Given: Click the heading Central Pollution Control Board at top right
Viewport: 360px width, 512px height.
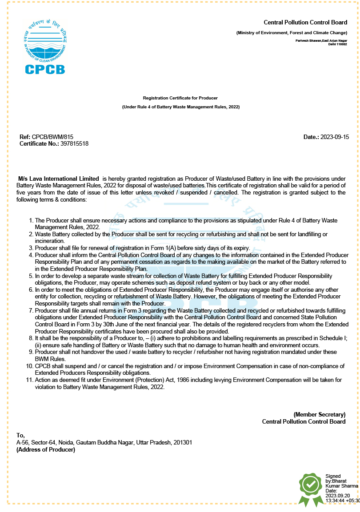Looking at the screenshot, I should pyautogui.click(x=305, y=23).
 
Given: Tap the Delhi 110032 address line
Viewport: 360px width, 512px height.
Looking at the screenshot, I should pyautogui.click(x=337, y=44).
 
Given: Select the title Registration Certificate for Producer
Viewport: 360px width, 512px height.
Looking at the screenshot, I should pyautogui.click(x=180, y=98).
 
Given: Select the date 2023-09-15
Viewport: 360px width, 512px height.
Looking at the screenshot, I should pyautogui.click(x=335, y=137).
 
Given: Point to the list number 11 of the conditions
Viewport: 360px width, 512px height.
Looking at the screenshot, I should pyautogui.click(x=30, y=380).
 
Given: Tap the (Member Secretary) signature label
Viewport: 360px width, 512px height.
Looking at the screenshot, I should pyautogui.click(x=319, y=414).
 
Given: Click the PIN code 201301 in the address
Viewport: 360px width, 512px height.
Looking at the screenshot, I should pyautogui.click(x=183, y=443).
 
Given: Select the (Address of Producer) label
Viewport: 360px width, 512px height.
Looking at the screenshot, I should pyautogui.click(x=46, y=450).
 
